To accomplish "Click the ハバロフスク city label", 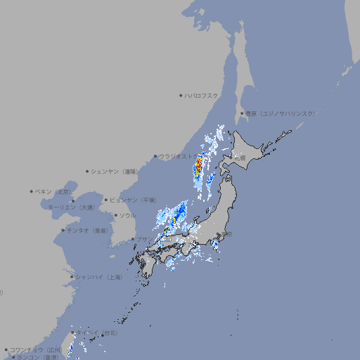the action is [202, 95].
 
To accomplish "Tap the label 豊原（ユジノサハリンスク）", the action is [280, 113].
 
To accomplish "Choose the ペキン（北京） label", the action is [53, 191].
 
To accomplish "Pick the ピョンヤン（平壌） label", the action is [133, 200].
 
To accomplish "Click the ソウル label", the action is [127, 216].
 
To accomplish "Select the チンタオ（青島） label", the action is [87, 230].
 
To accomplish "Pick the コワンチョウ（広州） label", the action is [37, 349].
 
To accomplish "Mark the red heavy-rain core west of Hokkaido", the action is [198, 165].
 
